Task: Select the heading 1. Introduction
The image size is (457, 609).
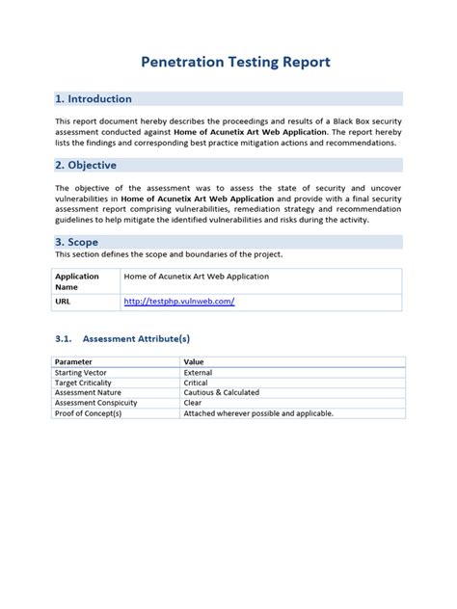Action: (94, 98)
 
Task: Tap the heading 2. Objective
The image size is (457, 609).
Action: (88, 165)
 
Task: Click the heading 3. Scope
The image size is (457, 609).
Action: (78, 242)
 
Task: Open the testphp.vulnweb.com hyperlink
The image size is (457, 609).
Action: (179, 302)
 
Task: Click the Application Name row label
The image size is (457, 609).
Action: (77, 280)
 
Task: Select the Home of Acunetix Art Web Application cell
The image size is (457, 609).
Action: (196, 276)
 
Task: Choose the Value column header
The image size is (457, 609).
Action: (194, 361)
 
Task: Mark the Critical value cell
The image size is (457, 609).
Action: (197, 383)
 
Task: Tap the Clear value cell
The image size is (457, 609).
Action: (194, 403)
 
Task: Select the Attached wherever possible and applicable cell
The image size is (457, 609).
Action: (257, 413)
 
